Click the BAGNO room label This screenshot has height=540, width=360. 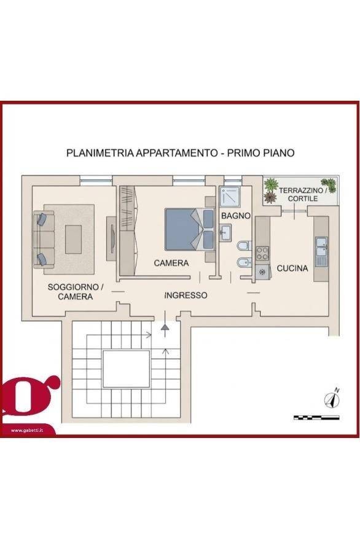236,216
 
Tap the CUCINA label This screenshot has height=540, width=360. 292,268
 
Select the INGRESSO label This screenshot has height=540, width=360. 186,295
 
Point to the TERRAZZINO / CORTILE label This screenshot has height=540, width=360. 302,195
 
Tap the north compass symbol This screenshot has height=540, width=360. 333,399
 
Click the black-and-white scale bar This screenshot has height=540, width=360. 316,418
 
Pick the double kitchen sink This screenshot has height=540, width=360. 321,251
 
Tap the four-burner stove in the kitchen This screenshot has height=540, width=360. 262,254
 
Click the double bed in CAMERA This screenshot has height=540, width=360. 189,229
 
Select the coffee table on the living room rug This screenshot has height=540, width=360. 73,240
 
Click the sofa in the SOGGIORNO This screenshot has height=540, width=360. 44,240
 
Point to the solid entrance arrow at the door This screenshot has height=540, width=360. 165,329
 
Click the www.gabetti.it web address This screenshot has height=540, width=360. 27,430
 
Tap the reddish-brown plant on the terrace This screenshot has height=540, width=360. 270,197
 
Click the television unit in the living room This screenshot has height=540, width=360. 111,238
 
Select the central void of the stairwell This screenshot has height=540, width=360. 127,369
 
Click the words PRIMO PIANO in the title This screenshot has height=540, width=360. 260,153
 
